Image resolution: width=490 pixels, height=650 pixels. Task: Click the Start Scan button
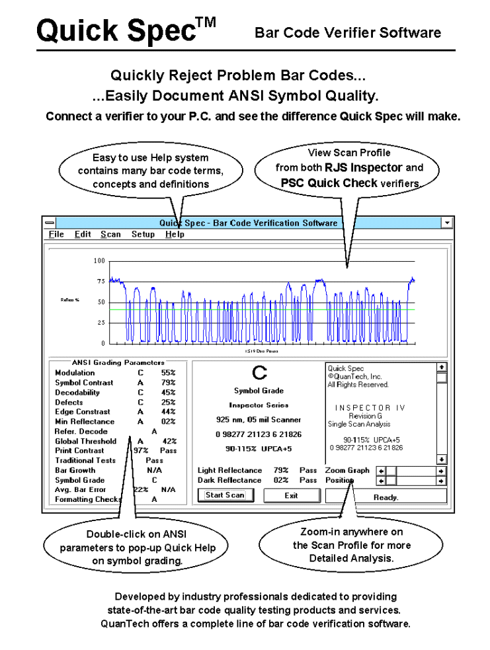click(x=225, y=495)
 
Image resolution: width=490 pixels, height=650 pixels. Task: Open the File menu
click(x=56, y=234)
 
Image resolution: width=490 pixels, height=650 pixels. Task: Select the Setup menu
click(x=143, y=234)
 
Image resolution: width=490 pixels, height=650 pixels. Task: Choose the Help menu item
click(x=175, y=234)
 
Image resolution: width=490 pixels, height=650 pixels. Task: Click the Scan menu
click(x=110, y=234)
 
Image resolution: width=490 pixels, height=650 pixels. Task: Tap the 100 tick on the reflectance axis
click(x=99, y=261)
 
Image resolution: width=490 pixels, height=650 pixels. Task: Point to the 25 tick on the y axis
click(x=101, y=323)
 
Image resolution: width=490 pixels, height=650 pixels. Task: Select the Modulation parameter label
click(x=75, y=373)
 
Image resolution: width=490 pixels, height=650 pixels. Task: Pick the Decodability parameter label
click(x=77, y=393)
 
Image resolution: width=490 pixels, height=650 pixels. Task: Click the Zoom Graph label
click(x=347, y=471)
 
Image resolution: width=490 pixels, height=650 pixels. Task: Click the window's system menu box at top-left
click(x=50, y=223)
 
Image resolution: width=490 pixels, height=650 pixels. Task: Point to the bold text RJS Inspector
click(x=364, y=168)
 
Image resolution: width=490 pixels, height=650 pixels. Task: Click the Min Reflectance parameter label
click(x=85, y=422)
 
